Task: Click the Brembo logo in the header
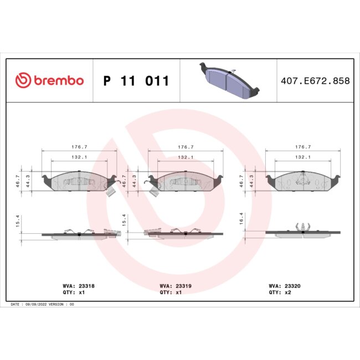49,81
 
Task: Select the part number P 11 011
136,81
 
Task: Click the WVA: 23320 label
285,286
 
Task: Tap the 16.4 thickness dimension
241,220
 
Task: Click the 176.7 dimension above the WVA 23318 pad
79,147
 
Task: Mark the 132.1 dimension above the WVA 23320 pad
302,157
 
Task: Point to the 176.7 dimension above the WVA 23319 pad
185,147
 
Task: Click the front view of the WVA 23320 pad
302,181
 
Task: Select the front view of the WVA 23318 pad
79,181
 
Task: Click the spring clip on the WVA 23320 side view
302,226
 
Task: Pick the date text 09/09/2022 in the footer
36,305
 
